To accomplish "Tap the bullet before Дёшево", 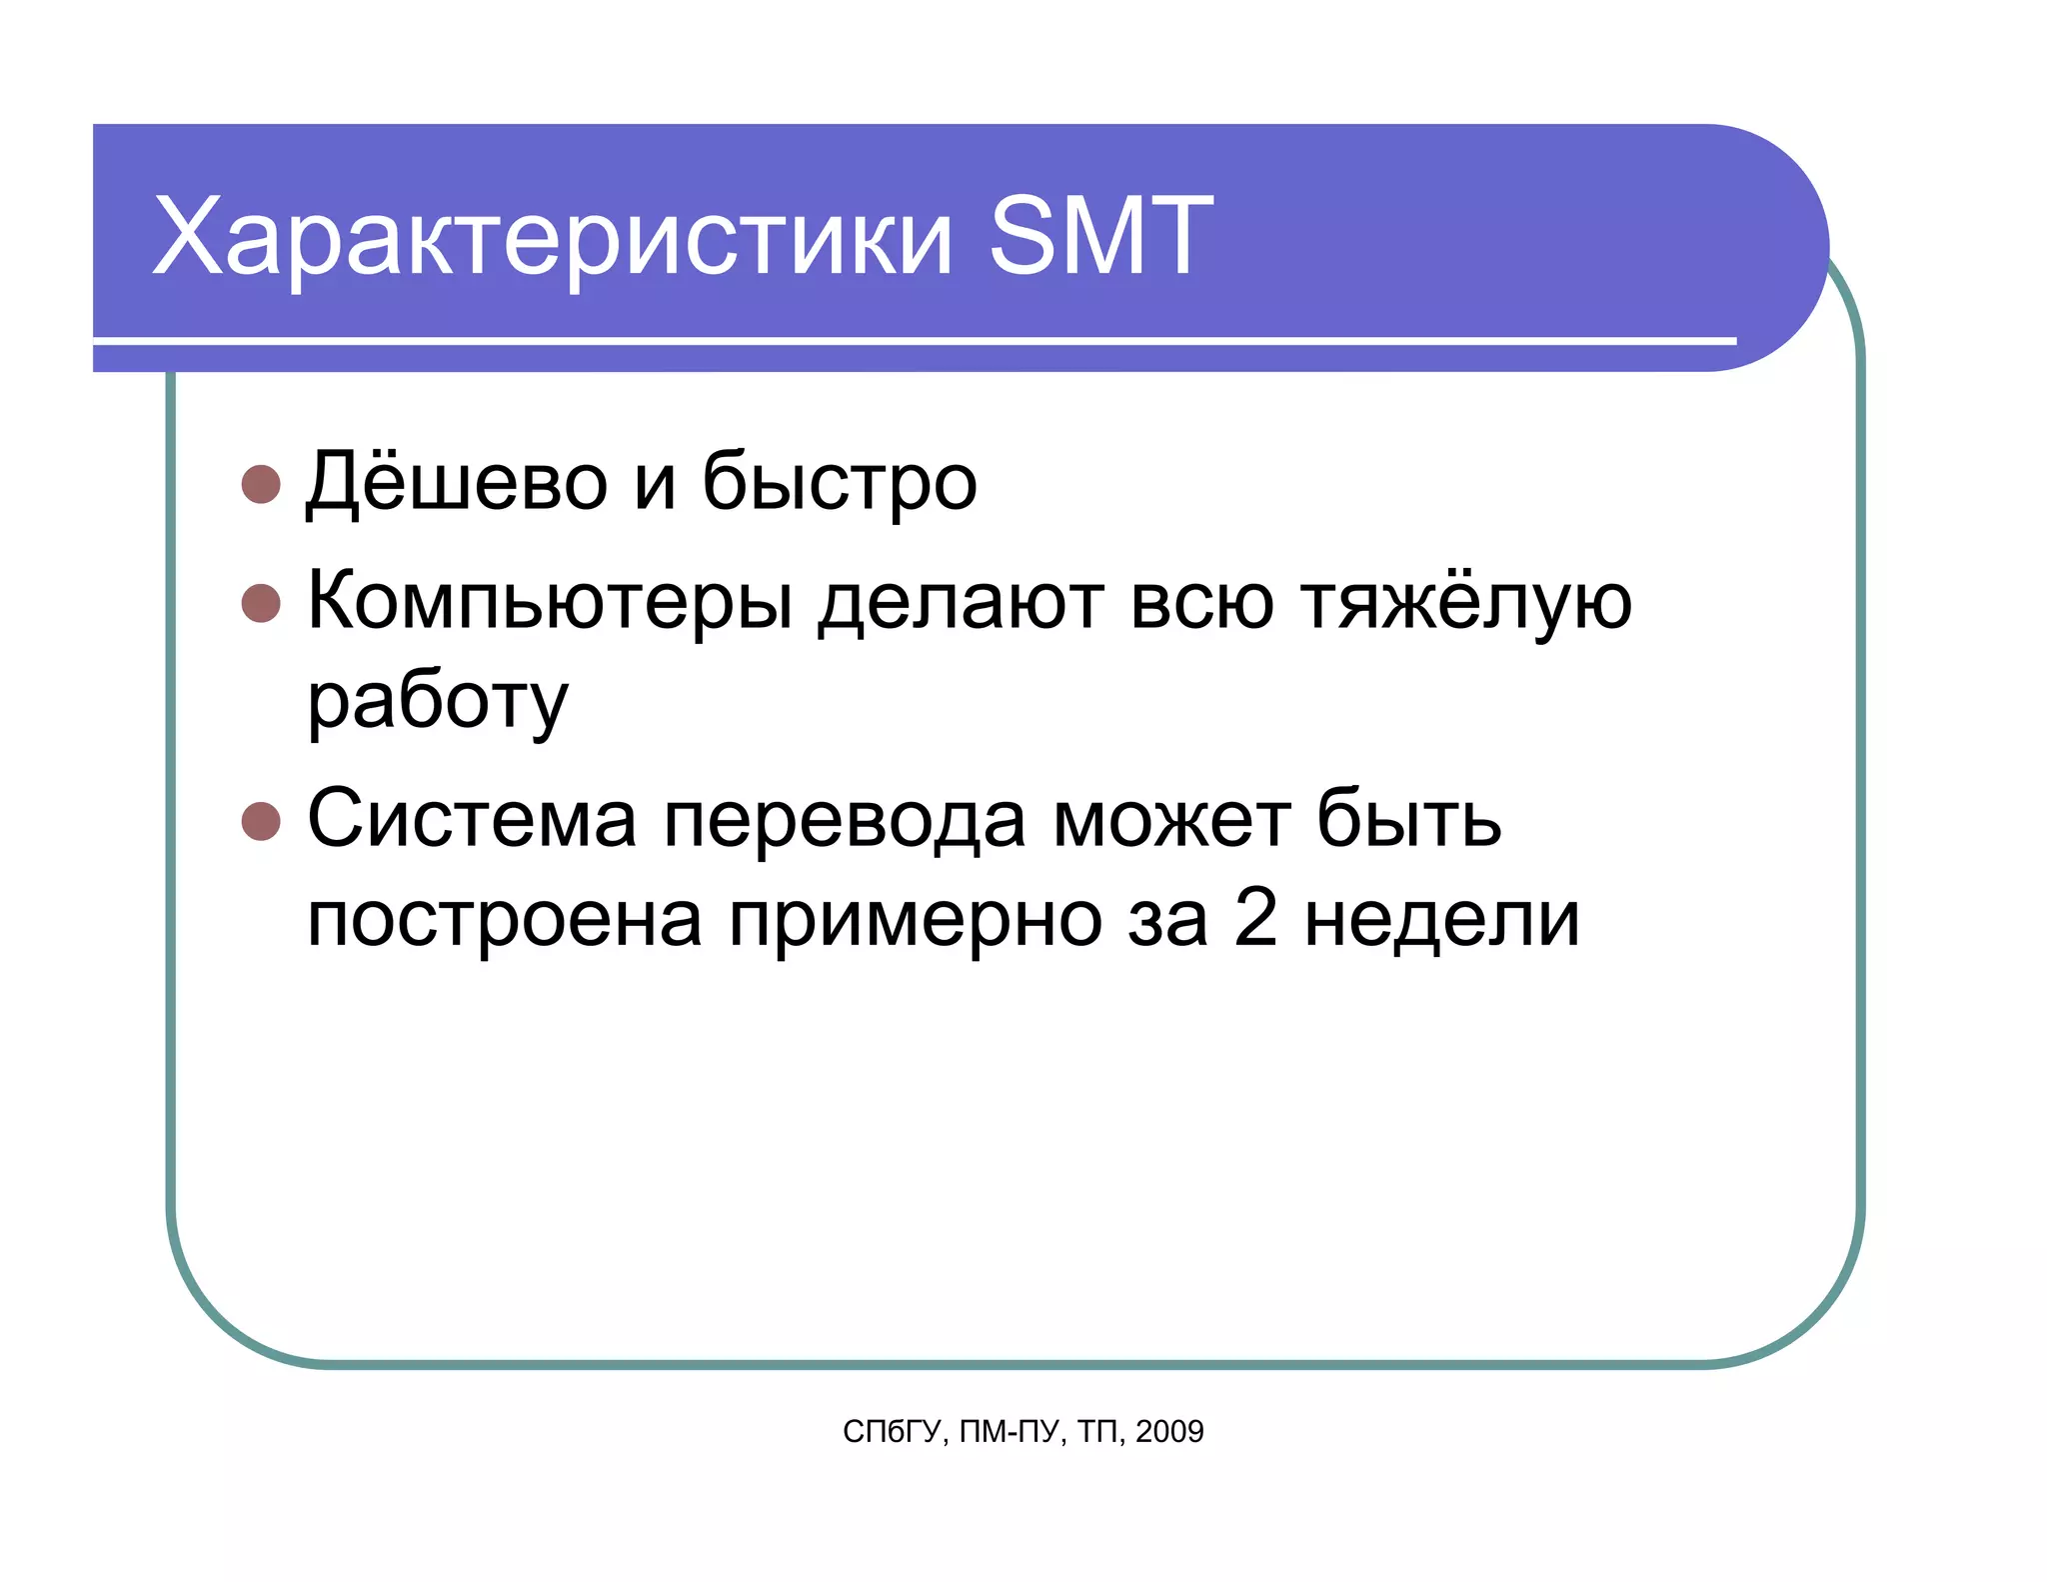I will point(261,484).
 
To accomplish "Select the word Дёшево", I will point(457,482).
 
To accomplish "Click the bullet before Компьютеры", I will point(261,603).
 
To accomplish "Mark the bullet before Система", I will point(261,821).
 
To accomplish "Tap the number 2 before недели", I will point(1255,918).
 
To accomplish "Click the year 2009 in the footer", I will point(1169,1432).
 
